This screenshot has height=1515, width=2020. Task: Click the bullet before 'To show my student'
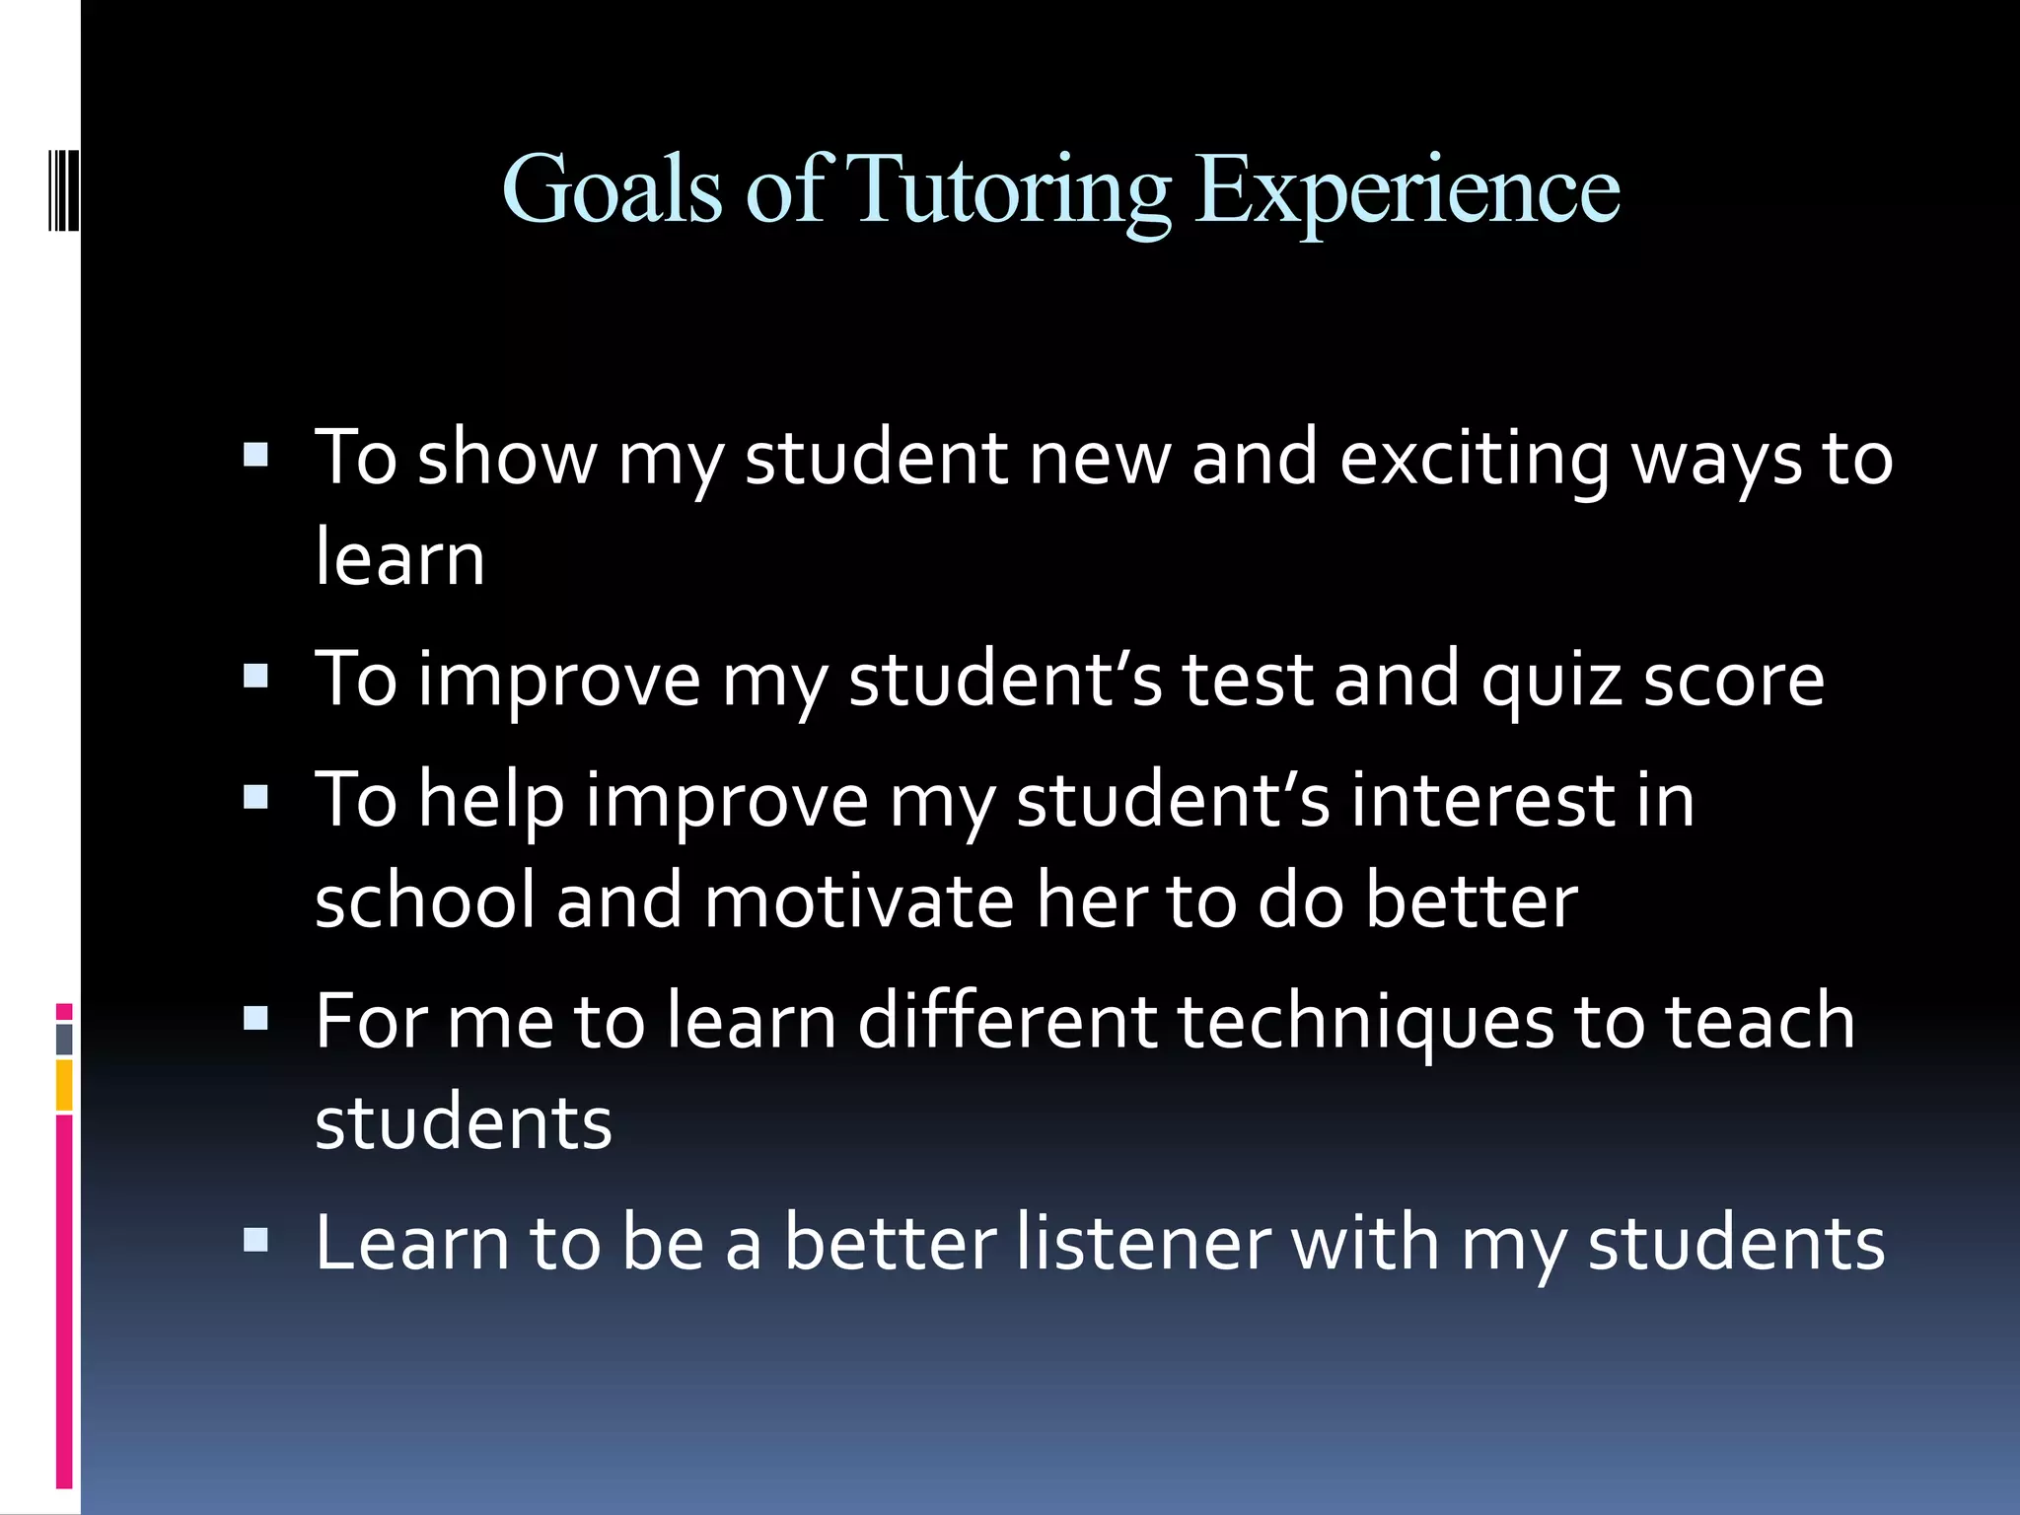(255, 455)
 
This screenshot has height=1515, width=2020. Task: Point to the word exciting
(1474, 460)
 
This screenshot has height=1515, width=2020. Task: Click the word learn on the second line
(399, 557)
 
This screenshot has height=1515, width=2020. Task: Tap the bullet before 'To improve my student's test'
(255, 676)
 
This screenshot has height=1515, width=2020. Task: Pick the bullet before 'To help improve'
(255, 797)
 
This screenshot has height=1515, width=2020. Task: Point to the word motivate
(859, 902)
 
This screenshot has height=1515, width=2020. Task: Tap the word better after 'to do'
(1472, 902)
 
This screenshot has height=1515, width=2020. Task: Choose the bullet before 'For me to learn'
(255, 1019)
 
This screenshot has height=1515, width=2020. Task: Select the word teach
(1760, 1021)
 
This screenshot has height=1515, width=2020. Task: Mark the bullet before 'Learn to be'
(255, 1240)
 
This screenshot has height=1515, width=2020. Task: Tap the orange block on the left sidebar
(64, 1085)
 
